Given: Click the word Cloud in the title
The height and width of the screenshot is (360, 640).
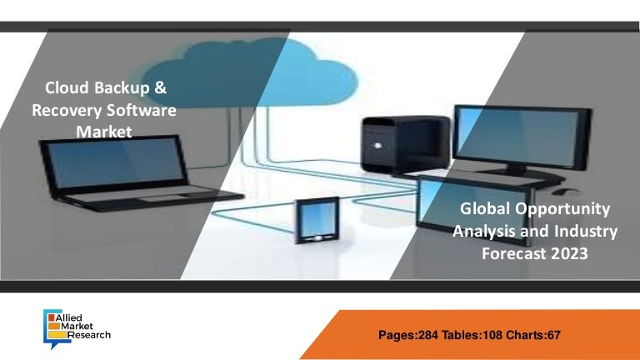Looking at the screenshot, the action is click(67, 87).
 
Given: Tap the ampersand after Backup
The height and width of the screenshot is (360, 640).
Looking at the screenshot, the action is click(160, 87).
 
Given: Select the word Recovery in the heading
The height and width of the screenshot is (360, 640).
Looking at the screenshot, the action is click(67, 111).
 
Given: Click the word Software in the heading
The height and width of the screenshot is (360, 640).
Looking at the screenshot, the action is click(142, 110).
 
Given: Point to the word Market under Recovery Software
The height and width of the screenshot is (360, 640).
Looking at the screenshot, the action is click(104, 132).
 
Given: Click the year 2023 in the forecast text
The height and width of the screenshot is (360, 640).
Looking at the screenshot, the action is click(569, 253).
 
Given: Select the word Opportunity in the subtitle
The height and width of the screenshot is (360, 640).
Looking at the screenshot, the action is click(562, 209).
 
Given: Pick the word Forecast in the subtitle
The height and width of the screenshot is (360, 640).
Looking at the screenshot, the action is click(514, 253).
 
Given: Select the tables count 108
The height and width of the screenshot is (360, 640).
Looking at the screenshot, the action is click(492, 335).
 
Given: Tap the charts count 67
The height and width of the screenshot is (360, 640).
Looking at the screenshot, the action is click(554, 335).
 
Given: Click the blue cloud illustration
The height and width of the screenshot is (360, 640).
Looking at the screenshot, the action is click(249, 72).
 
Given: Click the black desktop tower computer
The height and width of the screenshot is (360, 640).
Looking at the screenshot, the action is click(405, 145).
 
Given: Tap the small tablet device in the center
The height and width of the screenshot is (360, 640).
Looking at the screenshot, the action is click(317, 220).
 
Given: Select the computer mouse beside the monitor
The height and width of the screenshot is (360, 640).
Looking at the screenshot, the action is click(564, 192).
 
